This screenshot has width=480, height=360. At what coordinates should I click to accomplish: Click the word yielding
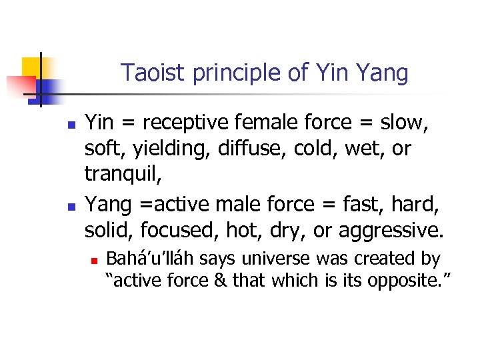[169, 150]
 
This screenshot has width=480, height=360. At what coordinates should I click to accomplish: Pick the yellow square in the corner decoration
[33, 67]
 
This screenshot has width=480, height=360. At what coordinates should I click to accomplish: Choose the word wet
[363, 149]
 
